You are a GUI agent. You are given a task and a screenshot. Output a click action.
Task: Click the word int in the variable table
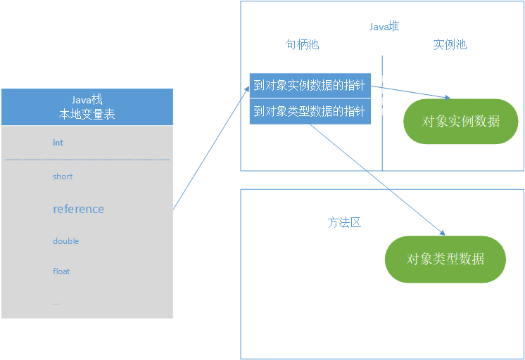click(x=58, y=143)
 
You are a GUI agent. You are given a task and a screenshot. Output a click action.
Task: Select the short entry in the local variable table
click(x=63, y=176)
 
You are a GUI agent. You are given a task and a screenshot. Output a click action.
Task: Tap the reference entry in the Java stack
click(x=78, y=209)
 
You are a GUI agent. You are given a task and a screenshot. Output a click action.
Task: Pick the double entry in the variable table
click(x=65, y=241)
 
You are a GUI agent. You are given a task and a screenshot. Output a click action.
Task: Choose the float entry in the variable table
click(x=61, y=271)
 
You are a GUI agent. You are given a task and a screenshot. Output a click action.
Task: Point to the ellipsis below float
click(x=56, y=302)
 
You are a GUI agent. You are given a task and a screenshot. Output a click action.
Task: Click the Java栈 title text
click(x=87, y=100)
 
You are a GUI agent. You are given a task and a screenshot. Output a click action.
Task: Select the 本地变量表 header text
click(x=87, y=114)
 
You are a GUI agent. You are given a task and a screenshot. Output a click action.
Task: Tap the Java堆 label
click(x=384, y=26)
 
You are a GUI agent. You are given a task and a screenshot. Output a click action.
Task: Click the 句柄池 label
click(x=302, y=44)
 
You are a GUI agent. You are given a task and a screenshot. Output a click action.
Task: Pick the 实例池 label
click(x=450, y=44)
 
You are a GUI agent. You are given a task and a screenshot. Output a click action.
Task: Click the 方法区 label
click(x=344, y=222)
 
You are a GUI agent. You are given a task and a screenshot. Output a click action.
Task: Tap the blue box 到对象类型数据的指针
click(x=310, y=111)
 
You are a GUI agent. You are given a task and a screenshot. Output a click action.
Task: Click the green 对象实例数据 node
click(x=460, y=121)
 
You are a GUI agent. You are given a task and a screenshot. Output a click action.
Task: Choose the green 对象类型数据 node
click(x=445, y=259)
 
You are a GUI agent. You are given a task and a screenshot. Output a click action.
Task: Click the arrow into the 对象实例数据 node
click(x=412, y=92)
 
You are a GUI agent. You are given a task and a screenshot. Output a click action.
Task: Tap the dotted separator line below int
click(x=87, y=160)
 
